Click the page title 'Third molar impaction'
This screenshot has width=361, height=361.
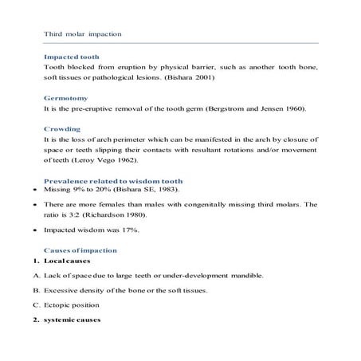tap(82, 34)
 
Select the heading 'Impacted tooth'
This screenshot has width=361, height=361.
tap(72, 58)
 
